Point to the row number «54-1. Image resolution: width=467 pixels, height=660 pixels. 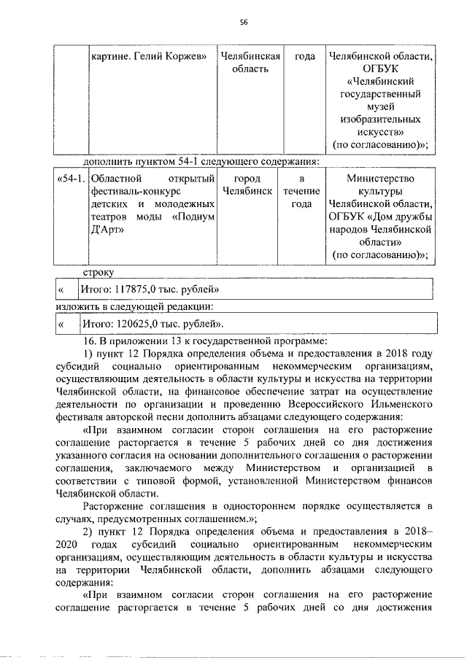tap(71, 178)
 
